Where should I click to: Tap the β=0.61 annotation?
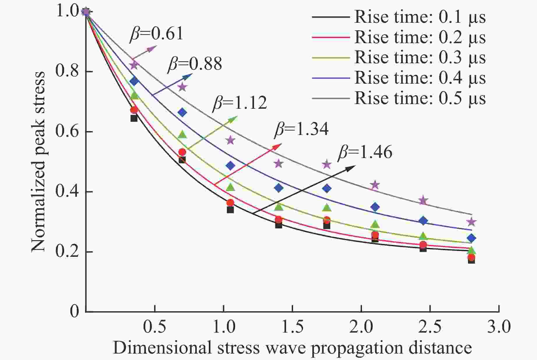pyautogui.click(x=156, y=34)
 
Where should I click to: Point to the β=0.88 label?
pyautogui.click(x=195, y=64)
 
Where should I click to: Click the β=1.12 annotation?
pyautogui.click(x=240, y=103)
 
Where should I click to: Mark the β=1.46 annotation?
pyautogui.click(x=365, y=152)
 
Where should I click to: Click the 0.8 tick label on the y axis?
pyautogui.click(x=67, y=71)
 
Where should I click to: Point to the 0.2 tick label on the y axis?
pyautogui.click(x=67, y=252)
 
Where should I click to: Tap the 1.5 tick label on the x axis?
pyautogui.click(x=292, y=327)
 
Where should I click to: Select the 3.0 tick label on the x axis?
pyautogui.click(x=499, y=327)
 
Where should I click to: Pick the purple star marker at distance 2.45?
pyautogui.click(x=423, y=201)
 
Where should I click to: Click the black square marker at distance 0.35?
pyautogui.click(x=134, y=118)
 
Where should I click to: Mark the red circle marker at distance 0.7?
pyautogui.click(x=182, y=152)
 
